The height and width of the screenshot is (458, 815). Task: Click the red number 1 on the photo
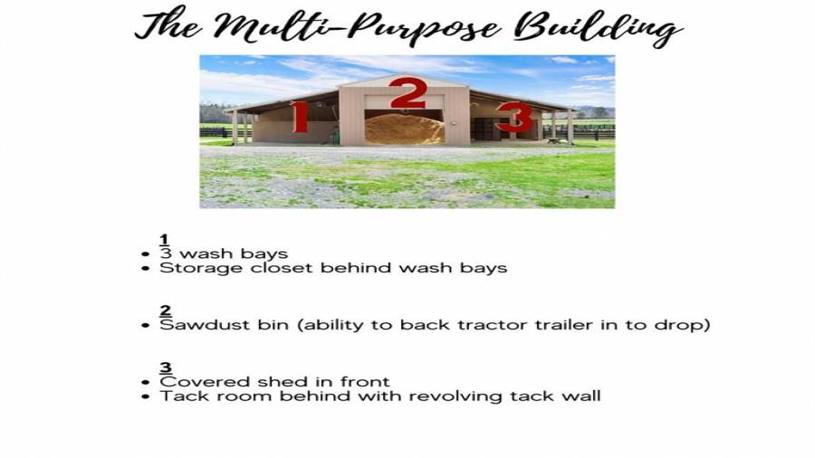pyautogui.click(x=300, y=117)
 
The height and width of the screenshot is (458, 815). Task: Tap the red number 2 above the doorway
pyautogui.click(x=408, y=93)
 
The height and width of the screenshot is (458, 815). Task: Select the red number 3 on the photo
pyautogui.click(x=514, y=118)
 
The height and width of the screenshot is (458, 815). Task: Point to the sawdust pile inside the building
pyautogui.click(x=405, y=129)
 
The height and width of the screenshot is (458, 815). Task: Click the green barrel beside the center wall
pyautogui.click(x=336, y=136)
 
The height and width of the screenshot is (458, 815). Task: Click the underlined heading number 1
pyautogui.click(x=164, y=239)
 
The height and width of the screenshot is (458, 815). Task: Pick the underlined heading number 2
pyautogui.click(x=166, y=310)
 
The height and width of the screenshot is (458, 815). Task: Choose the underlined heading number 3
pyautogui.click(x=166, y=367)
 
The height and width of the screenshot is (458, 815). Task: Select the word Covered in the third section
pyautogui.click(x=206, y=382)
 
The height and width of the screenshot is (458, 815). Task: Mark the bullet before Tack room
pyautogui.click(x=146, y=397)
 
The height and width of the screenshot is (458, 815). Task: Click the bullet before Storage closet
pyautogui.click(x=146, y=269)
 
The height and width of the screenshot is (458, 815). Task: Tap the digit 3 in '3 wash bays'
pyautogui.click(x=166, y=253)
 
